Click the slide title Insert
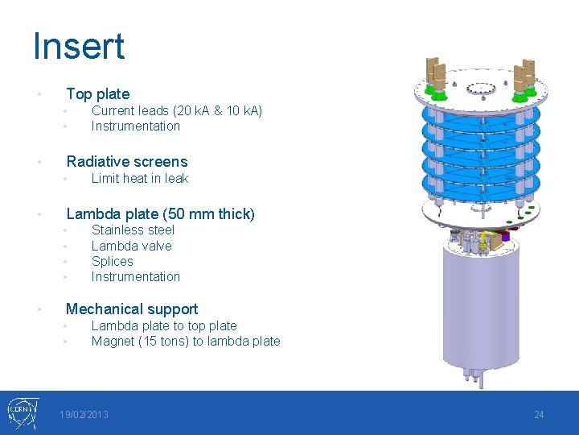coord(79,46)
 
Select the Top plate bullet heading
coord(97,93)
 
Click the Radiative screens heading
coord(126,161)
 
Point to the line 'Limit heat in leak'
coord(139,178)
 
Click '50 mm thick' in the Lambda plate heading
coord(212,213)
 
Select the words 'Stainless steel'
coord(133,230)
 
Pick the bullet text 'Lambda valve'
coord(131,246)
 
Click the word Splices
coord(112,261)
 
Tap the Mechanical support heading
coord(131,309)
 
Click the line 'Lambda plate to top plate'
coord(164,325)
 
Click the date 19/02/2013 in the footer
coord(84,414)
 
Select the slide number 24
coord(539,414)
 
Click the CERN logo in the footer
coord(21,412)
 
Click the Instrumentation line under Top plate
coord(135,126)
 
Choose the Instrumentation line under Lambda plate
coord(135,276)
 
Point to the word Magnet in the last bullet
coord(113,341)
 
